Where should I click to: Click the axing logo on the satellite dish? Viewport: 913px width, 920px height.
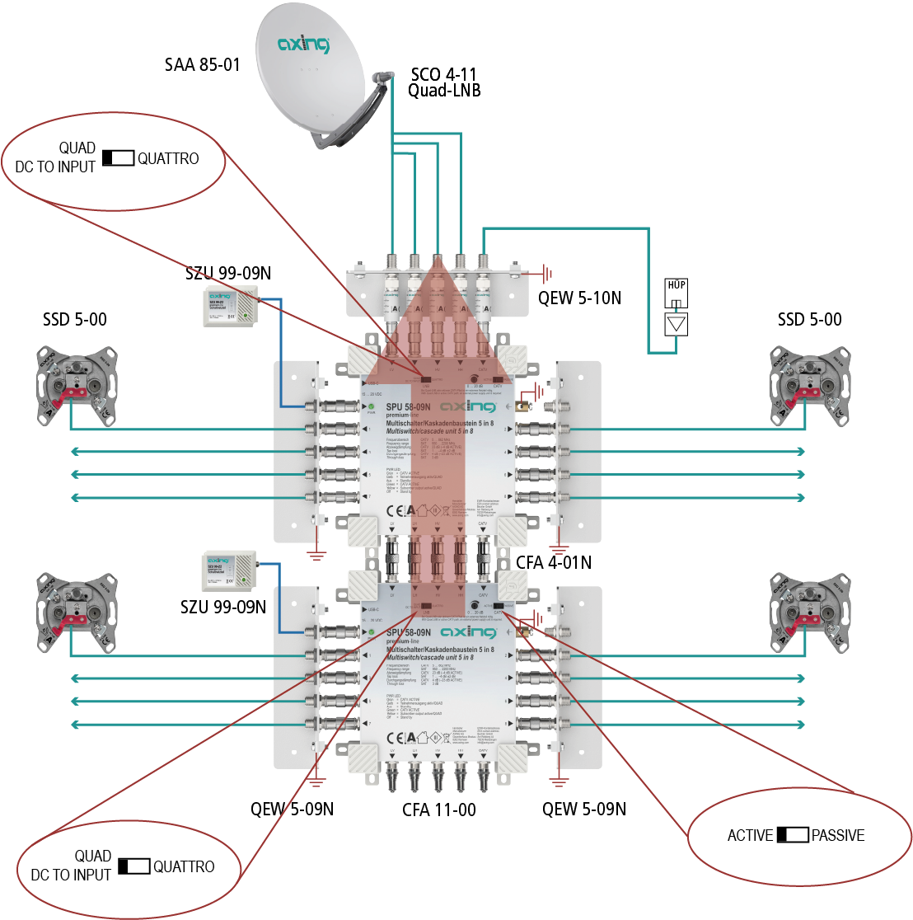click(304, 43)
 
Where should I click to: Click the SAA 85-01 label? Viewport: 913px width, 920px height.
click(202, 64)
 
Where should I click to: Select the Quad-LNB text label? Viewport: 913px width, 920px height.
click(444, 91)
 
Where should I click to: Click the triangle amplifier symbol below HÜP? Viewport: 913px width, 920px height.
click(677, 323)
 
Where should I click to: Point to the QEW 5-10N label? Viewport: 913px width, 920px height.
click(579, 298)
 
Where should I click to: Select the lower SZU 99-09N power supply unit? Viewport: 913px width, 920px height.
click(230, 573)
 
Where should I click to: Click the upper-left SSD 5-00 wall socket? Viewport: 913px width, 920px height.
click(75, 387)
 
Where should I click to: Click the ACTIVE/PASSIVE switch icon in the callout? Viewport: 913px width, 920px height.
click(793, 835)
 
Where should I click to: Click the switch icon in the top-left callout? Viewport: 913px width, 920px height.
click(118, 157)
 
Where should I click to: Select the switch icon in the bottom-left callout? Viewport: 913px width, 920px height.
click(133, 866)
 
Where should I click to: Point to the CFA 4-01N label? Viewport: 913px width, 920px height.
click(554, 563)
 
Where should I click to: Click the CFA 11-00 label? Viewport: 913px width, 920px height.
click(439, 810)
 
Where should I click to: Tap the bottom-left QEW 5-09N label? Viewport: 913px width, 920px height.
click(293, 810)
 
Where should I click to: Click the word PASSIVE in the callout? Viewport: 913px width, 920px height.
click(838, 835)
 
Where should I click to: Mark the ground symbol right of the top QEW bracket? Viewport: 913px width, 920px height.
click(545, 272)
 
